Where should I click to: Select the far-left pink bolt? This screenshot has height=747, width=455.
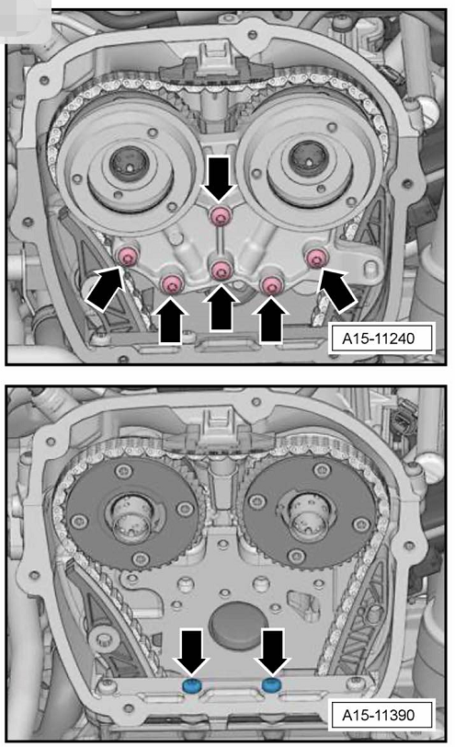128,258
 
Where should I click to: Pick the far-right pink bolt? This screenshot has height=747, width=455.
314,258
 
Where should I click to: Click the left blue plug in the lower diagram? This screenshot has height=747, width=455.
192,685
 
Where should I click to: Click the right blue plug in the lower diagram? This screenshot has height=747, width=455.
271,685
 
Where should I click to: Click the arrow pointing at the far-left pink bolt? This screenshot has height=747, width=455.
106,289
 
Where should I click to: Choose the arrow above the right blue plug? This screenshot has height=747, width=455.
271,651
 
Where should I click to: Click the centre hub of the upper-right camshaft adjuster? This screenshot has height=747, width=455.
309,158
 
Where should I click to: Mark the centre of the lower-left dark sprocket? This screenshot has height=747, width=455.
131,516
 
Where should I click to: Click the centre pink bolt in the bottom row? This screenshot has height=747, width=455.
221,270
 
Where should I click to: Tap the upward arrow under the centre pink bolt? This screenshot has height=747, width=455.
222,306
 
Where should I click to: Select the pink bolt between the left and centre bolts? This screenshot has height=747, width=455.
172,284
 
